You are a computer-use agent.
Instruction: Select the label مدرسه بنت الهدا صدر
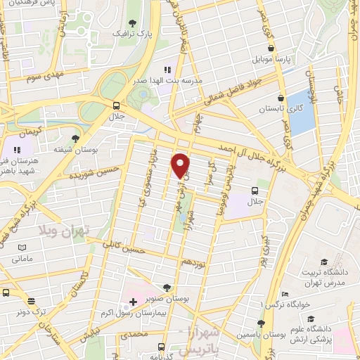172,81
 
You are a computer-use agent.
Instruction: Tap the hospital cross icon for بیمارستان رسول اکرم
133,302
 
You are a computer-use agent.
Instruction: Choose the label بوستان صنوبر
167,298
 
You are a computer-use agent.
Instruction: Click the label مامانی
22,259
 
